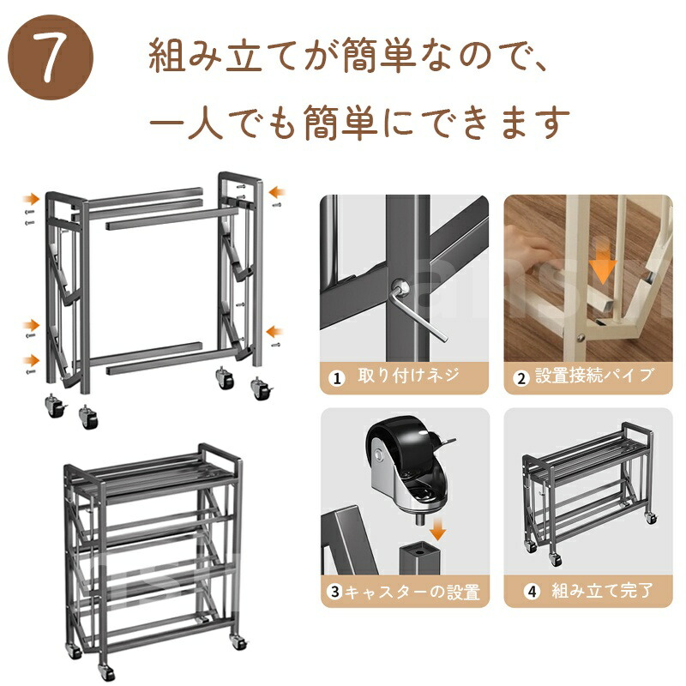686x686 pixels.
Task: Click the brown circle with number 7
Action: point(51,57)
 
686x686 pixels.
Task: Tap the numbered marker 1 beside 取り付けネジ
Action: point(336,378)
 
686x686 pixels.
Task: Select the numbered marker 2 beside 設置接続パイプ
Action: point(521,378)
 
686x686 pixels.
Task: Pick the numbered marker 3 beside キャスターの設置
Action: point(334,592)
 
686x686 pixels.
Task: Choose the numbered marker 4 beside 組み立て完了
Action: point(532,592)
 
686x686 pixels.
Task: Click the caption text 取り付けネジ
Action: point(409,376)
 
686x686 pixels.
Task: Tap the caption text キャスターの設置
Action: point(412,592)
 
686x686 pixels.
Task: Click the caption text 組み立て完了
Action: point(603,591)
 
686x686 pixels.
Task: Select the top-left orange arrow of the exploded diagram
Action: point(32,200)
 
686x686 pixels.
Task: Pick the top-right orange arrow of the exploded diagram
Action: point(276,191)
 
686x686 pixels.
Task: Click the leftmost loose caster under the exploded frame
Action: point(56,406)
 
